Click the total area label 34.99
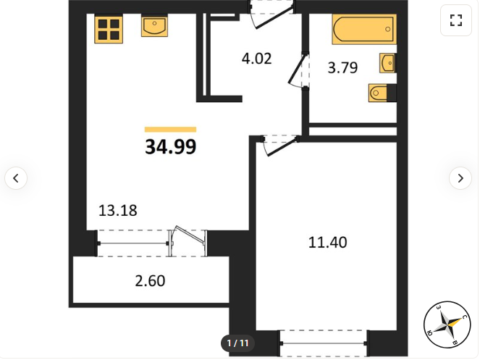171,147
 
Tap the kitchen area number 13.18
118,211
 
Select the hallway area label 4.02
256,59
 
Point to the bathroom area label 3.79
342,67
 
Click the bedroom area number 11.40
327,243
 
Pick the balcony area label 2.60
150,280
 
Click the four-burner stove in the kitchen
109,30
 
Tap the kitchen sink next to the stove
154,26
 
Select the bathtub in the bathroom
364,30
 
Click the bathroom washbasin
387,63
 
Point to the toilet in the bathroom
382,93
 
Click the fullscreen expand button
456,20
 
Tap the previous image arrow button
16,178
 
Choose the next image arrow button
460,178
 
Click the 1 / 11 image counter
237,343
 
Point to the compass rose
447,325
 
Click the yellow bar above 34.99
171,130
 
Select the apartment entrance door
271,14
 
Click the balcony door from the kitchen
188,242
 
